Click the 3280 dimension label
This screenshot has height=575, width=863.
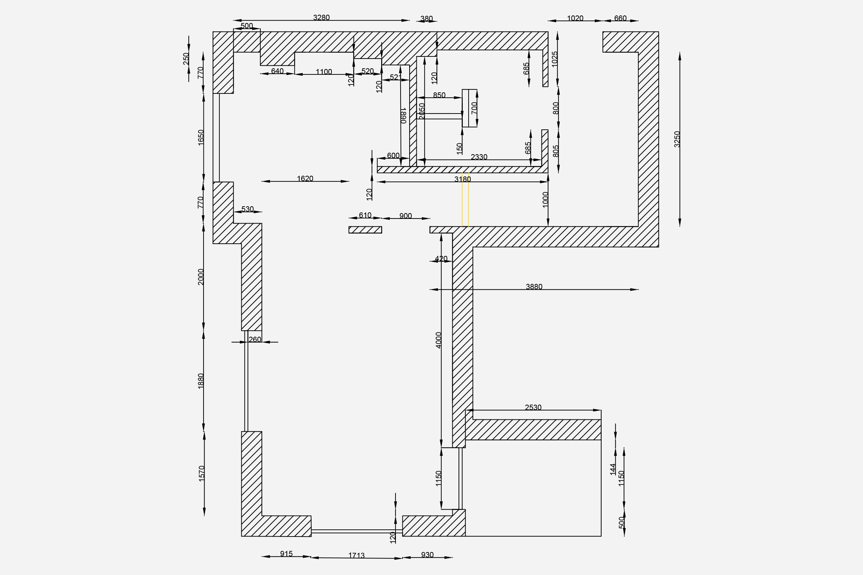coord(321,18)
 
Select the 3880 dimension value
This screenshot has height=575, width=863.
coord(534,287)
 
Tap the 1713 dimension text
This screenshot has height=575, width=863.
coord(356,556)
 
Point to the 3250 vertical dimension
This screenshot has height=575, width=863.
coord(677,139)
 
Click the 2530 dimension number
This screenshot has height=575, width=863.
coord(533,408)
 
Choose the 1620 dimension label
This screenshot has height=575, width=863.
coord(305,179)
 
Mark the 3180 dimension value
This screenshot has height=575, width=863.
coord(462,179)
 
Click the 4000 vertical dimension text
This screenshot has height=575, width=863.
coord(438,340)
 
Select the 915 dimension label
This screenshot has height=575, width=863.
coord(286,554)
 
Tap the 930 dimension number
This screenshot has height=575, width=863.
coord(428,555)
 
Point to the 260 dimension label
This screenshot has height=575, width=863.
coord(255,340)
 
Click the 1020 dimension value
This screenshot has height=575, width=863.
coord(575,18)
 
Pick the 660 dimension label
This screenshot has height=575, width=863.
coord(620,18)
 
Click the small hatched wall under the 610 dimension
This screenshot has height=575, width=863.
coord(365,230)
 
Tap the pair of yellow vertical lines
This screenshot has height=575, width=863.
coord(465,199)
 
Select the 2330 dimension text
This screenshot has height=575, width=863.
coord(479,157)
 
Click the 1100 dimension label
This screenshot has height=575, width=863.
coord(324,72)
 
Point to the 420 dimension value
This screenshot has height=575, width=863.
coord(441,259)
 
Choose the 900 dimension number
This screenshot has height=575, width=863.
coord(406,216)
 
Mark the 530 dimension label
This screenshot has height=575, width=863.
coord(248,209)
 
